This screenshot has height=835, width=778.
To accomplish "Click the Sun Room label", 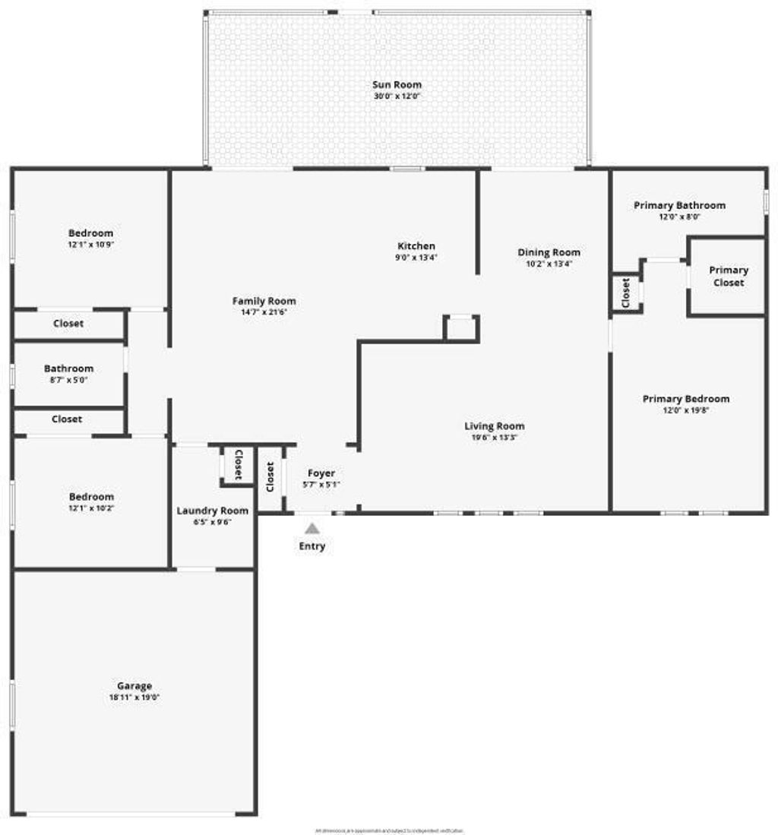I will [x=397, y=85].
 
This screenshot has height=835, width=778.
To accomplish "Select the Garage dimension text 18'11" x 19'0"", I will [x=134, y=697].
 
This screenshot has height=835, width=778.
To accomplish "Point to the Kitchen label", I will [x=416, y=246].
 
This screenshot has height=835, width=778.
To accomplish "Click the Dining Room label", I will [x=549, y=252].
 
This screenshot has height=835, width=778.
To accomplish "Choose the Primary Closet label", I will [x=728, y=276].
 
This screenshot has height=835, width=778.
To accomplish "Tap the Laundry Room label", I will [x=213, y=511].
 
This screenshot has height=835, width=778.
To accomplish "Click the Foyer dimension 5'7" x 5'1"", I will [x=321, y=484].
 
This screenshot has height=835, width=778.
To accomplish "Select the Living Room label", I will [x=495, y=425].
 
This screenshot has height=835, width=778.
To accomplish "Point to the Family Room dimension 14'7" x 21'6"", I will [x=264, y=312].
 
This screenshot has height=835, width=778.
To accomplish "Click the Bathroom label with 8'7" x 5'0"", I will [x=68, y=368].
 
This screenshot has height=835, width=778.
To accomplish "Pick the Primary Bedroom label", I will [x=685, y=399].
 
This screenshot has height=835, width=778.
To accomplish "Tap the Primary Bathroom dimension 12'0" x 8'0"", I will [x=679, y=217].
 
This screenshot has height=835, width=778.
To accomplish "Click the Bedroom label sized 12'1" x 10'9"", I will [x=90, y=233].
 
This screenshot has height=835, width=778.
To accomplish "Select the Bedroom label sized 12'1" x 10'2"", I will [x=90, y=497].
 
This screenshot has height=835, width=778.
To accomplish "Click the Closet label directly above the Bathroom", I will [x=68, y=324].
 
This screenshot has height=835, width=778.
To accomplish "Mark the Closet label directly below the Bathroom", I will [x=67, y=419].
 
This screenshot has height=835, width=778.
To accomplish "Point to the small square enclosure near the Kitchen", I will [x=461, y=327].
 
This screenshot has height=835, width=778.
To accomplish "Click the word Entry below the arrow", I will [x=312, y=546].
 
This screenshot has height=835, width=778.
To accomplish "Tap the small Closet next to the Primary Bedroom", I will [x=626, y=292].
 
